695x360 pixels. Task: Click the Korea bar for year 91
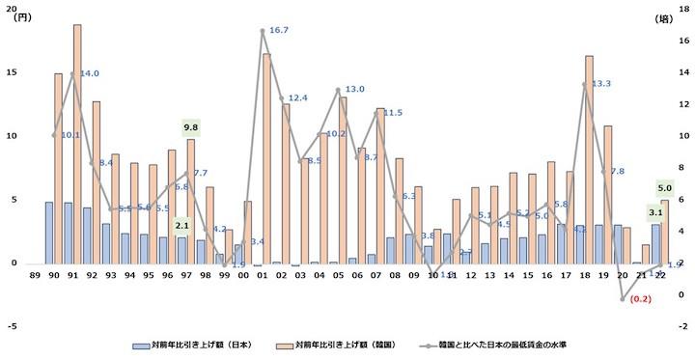(77, 144)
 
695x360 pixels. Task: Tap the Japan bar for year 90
(49, 232)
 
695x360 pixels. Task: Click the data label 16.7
(279, 31)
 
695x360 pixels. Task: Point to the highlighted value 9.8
(190, 127)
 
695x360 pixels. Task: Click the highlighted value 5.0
(664, 188)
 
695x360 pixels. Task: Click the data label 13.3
(600, 84)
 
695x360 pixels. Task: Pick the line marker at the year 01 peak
(263, 31)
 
